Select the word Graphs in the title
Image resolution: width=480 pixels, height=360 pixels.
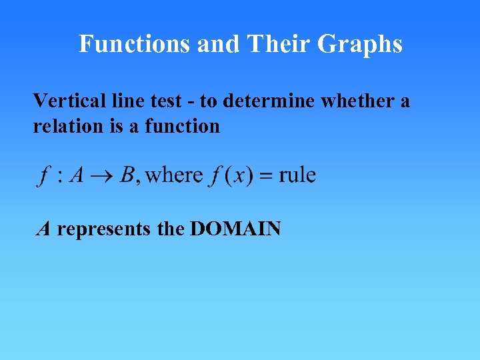(360, 44)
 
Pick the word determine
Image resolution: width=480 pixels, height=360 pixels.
(269, 101)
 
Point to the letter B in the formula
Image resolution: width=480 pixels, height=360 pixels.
(127, 175)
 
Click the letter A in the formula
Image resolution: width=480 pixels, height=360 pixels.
(77, 175)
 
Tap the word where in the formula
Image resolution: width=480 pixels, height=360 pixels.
(174, 175)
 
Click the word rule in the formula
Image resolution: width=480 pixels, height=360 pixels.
(297, 175)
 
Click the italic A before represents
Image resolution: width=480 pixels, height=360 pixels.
(44, 229)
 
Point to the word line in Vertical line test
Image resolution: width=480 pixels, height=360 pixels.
(121, 101)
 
